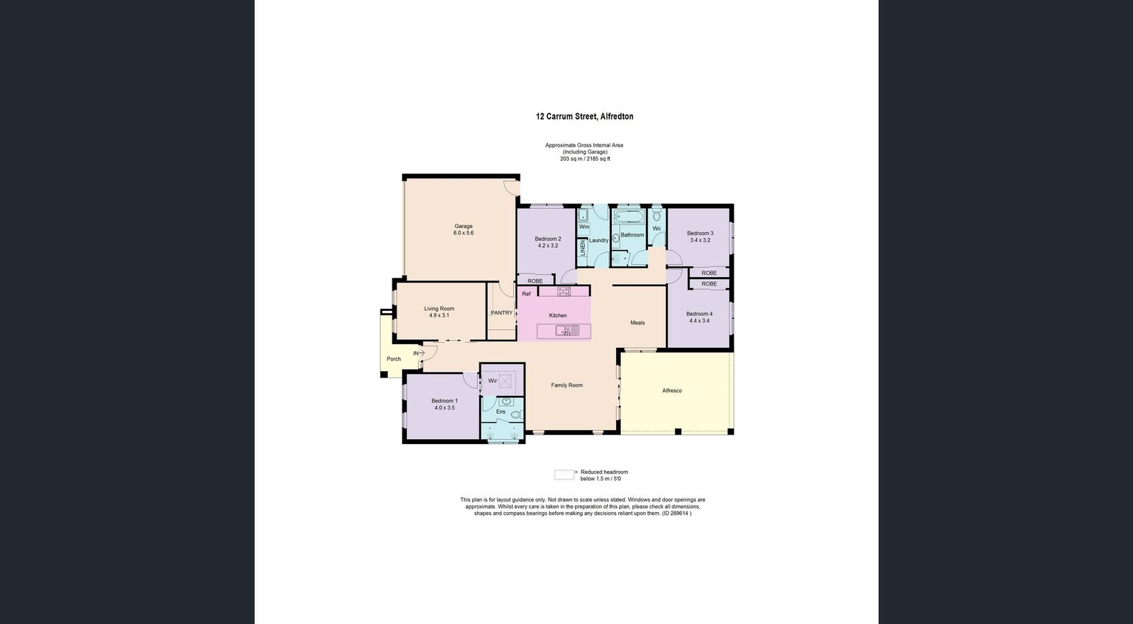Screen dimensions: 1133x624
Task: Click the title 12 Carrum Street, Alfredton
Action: (584, 116)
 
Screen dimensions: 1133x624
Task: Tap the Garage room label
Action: (463, 226)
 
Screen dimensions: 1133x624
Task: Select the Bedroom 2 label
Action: (548, 239)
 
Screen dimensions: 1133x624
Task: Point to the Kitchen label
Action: (558, 315)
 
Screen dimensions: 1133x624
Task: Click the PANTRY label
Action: (501, 313)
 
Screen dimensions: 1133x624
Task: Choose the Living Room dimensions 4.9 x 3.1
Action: (439, 315)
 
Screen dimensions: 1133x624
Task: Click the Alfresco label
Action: (672, 391)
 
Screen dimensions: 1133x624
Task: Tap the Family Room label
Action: (566, 385)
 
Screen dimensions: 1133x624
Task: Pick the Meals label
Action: (637, 323)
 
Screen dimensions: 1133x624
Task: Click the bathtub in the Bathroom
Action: (629, 217)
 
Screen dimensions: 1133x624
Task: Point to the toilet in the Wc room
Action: (656, 215)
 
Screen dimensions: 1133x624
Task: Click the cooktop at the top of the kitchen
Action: (564, 291)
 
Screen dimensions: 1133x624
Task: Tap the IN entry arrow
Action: (419, 353)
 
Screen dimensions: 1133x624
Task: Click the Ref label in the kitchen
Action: (526, 294)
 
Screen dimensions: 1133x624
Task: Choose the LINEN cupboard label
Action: (582, 248)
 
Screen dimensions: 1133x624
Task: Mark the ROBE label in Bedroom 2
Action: (535, 281)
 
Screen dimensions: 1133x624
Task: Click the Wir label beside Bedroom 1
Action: (492, 381)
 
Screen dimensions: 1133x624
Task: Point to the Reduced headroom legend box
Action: (564, 475)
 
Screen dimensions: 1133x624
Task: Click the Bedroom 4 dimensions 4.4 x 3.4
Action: (699, 320)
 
